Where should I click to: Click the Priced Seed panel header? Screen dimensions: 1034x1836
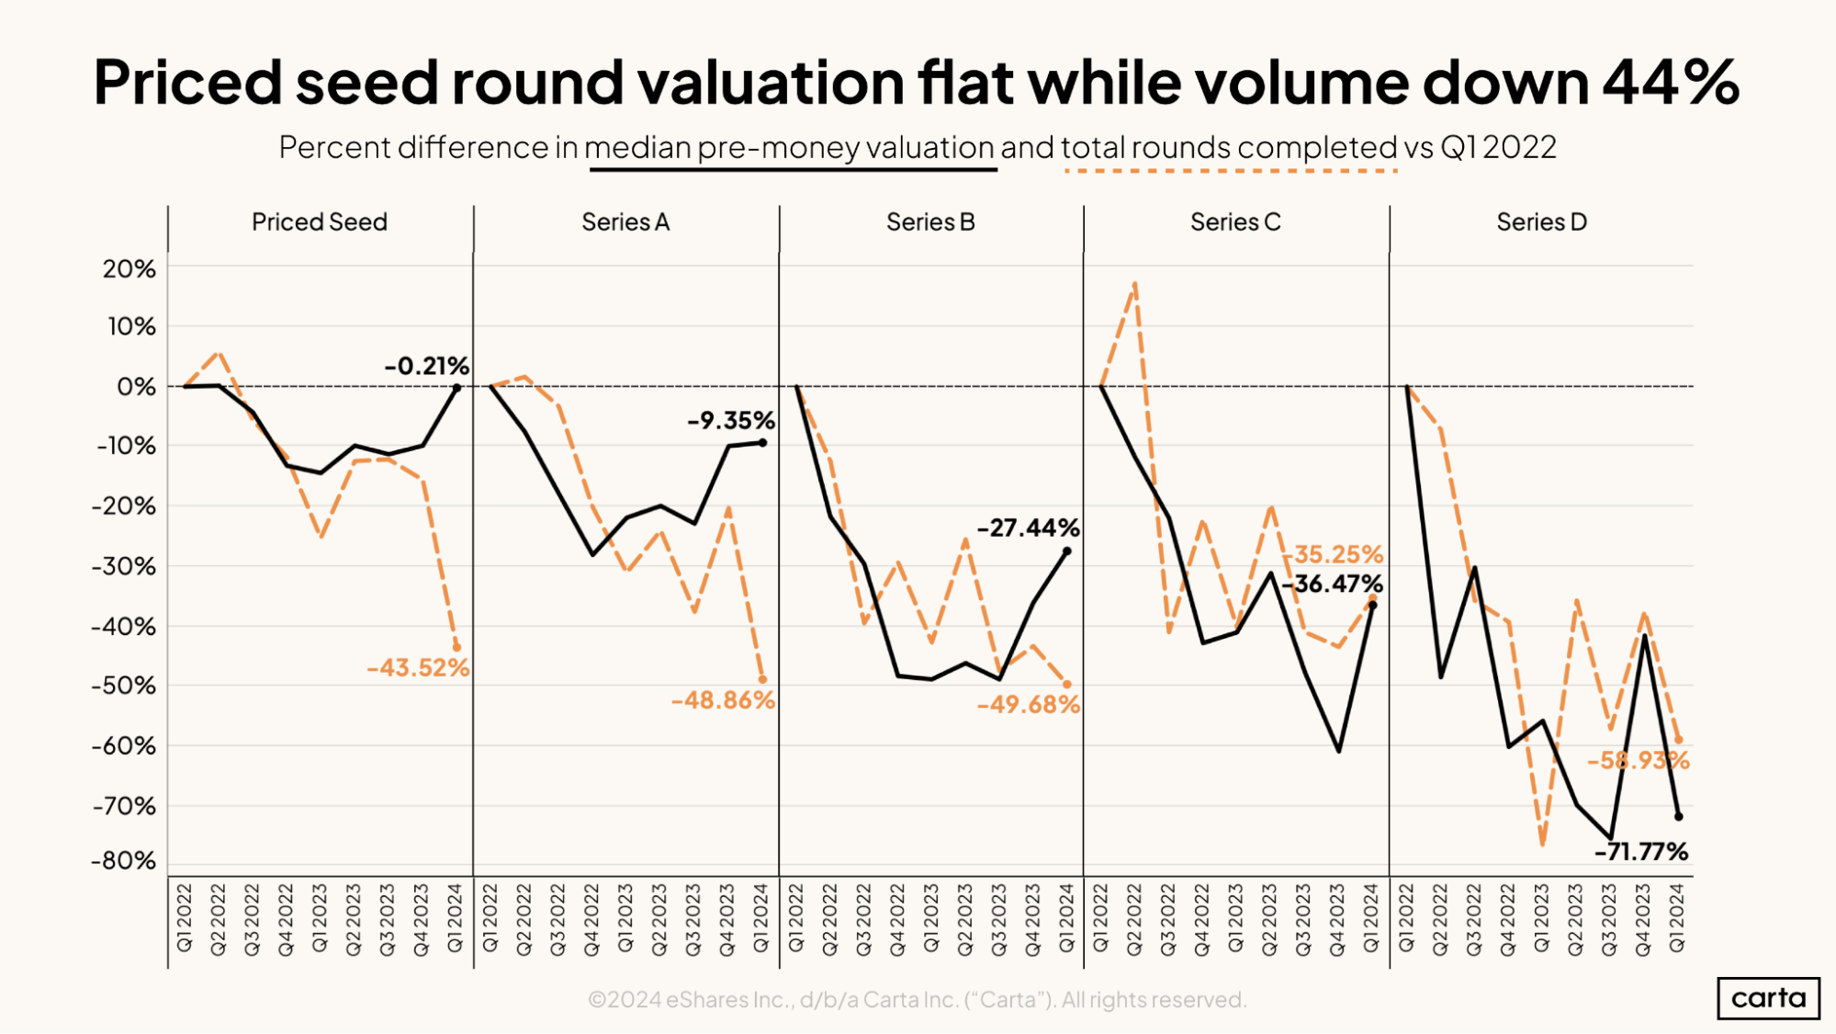(x=320, y=222)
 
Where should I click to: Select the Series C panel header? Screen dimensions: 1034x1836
(x=1234, y=222)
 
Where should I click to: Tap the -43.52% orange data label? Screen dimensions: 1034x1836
(x=418, y=668)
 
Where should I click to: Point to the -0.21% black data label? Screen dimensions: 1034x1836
(x=426, y=366)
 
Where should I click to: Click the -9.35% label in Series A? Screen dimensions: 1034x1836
(x=731, y=421)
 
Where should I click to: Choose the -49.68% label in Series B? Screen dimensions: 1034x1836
(x=1028, y=705)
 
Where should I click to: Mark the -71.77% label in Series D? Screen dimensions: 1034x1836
(x=1640, y=852)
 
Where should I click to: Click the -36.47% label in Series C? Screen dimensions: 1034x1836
(x=1333, y=584)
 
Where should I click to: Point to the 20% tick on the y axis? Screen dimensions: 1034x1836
(x=130, y=269)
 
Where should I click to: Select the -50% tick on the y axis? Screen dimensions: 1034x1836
(x=124, y=686)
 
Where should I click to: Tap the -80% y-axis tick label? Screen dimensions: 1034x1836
(x=124, y=861)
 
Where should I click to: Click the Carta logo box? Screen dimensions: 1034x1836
(x=1768, y=998)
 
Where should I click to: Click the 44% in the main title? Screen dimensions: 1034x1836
(x=1671, y=83)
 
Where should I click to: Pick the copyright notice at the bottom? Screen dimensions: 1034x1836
(x=917, y=1000)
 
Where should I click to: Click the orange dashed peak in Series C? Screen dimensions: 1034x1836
(x=1135, y=284)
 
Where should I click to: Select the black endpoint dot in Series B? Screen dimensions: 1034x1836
(x=1066, y=551)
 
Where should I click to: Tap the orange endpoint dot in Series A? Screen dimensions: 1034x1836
(x=762, y=680)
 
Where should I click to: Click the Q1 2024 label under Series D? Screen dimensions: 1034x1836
(x=1677, y=918)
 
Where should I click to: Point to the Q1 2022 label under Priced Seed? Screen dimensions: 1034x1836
(x=185, y=918)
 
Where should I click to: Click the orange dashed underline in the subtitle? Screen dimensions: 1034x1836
(x=1231, y=171)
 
